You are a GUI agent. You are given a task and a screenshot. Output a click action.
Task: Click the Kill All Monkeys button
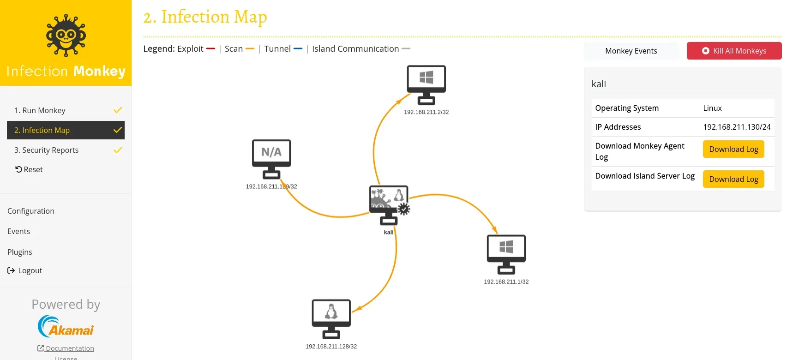click(734, 51)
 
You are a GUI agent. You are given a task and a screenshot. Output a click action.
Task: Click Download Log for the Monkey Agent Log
click(733, 150)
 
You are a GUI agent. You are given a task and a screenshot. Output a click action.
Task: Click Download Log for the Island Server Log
click(733, 179)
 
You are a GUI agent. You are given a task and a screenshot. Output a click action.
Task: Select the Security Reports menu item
click(46, 150)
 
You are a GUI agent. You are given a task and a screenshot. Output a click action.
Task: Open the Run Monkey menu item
click(40, 110)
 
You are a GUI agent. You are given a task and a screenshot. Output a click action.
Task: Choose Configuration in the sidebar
click(31, 211)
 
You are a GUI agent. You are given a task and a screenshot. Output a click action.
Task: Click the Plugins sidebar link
click(20, 252)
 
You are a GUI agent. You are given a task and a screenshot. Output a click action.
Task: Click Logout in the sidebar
click(25, 270)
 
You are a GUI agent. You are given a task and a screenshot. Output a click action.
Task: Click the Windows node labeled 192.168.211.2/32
click(426, 84)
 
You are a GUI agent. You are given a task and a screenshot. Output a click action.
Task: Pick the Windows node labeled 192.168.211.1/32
click(506, 254)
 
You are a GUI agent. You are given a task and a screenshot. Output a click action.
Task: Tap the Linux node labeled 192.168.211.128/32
click(331, 318)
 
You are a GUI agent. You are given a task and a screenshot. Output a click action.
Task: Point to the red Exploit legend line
click(210, 49)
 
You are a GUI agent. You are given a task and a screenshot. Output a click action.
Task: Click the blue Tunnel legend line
click(298, 49)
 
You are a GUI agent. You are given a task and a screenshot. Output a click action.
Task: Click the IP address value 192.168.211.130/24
click(737, 127)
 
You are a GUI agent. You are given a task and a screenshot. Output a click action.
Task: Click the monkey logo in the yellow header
click(66, 36)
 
